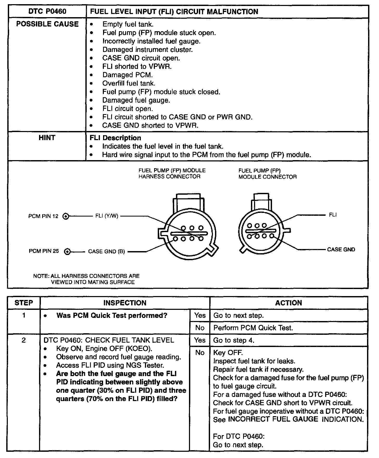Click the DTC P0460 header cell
pyautogui.click(x=47, y=11)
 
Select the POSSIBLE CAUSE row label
pyautogui.click(x=47, y=24)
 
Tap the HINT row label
pyautogui.click(x=47, y=138)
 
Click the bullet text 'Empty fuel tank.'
pyautogui.click(x=128, y=24)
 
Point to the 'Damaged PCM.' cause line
pyautogui.click(x=128, y=75)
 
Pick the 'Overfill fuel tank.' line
pyautogui.click(x=129, y=83)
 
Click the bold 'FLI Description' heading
pyautogui.click(x=115, y=138)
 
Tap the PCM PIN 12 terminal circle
pyautogui.click(x=66, y=216)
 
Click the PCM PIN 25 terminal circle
pyautogui.click(x=67, y=251)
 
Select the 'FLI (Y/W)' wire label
pyautogui.click(x=107, y=216)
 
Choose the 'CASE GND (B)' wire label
pyautogui.click(x=106, y=251)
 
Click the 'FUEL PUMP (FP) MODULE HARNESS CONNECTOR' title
pyautogui.click(x=172, y=174)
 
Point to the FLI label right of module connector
pyautogui.click(x=333, y=215)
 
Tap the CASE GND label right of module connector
pyautogui.click(x=341, y=250)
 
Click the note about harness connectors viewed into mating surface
pyautogui.click(x=86, y=279)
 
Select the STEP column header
pyautogui.click(x=24, y=303)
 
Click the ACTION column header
pyautogui.click(x=288, y=303)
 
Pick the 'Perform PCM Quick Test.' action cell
pyautogui.click(x=253, y=328)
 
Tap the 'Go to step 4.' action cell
pyautogui.click(x=233, y=340)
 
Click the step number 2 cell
pyautogui.click(x=24, y=340)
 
